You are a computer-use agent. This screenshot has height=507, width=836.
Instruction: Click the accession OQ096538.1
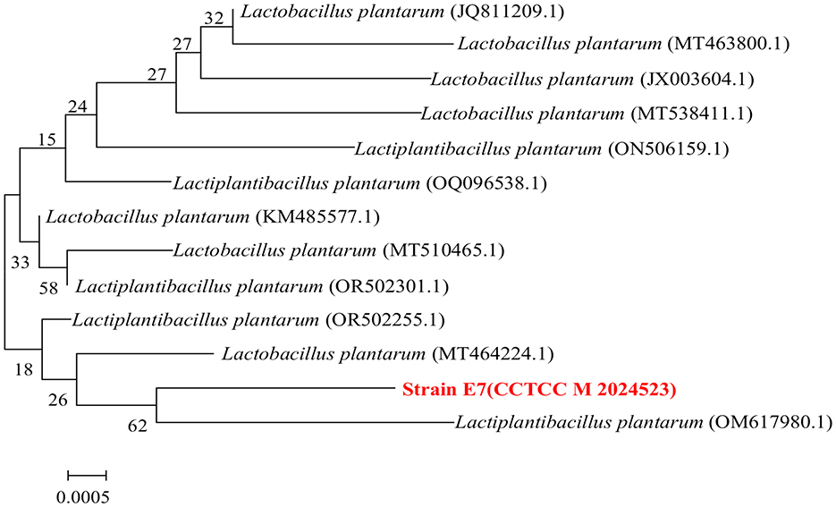click(483, 183)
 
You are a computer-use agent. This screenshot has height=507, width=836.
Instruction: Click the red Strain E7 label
click(536, 389)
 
